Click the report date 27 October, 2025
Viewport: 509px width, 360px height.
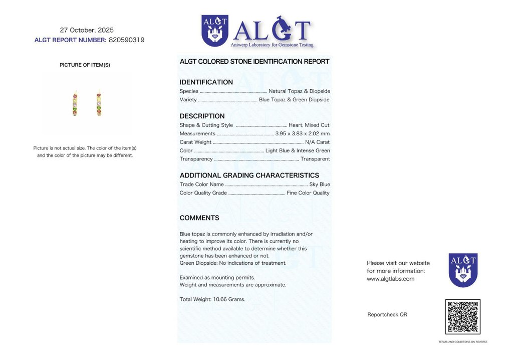[87, 30]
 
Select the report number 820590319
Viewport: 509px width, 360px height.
[126, 40]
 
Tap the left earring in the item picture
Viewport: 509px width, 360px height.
[75, 104]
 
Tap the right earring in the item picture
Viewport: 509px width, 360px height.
[99, 104]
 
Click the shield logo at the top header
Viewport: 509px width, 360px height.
[214, 31]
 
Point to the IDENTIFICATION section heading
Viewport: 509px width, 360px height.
[206, 82]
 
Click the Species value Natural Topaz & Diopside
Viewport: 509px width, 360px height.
[299, 91]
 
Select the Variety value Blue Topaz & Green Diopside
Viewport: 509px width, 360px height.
[294, 100]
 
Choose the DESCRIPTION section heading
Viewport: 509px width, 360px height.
[202, 116]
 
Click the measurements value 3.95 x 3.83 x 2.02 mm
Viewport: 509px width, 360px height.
[302, 134]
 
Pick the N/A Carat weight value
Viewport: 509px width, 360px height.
[317, 142]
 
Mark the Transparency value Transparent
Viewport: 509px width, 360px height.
[315, 159]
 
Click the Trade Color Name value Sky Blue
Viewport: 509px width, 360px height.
[319, 185]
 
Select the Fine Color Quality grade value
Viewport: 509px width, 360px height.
[308, 193]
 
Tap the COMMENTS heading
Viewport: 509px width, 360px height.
[199, 218]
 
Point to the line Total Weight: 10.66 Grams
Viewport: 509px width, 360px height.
[212, 299]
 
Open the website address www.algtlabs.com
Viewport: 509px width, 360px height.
[390, 279]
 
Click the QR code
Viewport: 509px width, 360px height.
[462, 316]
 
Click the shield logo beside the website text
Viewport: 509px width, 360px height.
[463, 270]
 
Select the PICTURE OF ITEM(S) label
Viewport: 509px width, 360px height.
[85, 65]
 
